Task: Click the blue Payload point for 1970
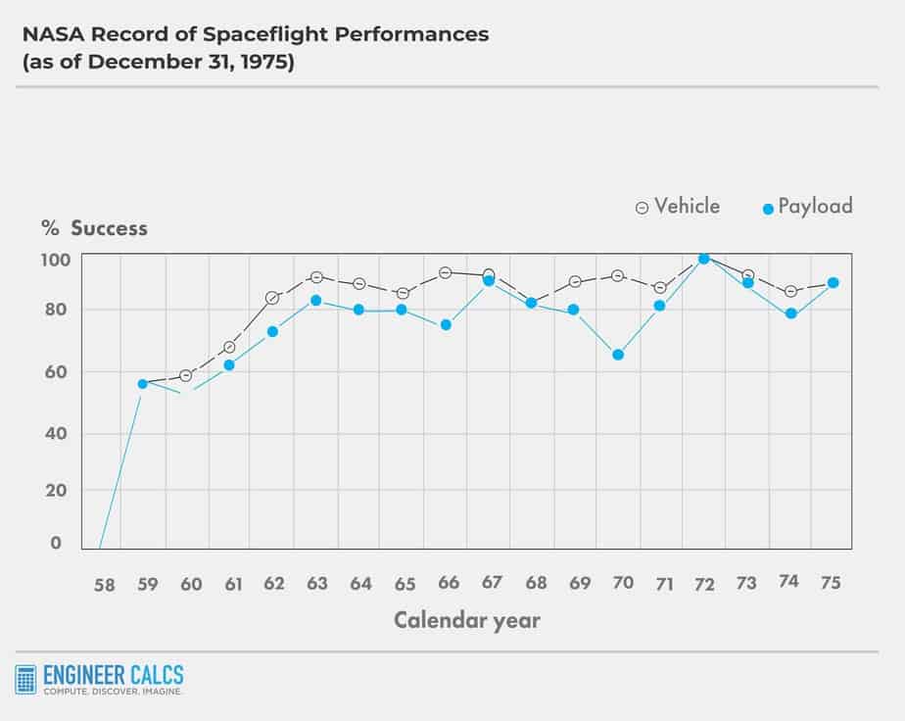coord(618,355)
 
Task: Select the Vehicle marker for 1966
coord(445,272)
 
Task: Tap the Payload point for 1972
coord(703,259)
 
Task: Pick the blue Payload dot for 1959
coord(142,384)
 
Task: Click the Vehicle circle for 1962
coord(272,298)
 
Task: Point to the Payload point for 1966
coord(446,325)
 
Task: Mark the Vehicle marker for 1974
coord(790,292)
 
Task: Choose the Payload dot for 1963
coord(315,300)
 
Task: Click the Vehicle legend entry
coord(678,207)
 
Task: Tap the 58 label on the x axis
coord(104,585)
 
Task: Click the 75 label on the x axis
coord(831,583)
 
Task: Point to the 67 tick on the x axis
coord(492,583)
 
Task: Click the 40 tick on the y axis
coord(55,433)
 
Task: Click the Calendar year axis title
coord(466,620)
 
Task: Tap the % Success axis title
coord(94,228)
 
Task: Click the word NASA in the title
coord(52,35)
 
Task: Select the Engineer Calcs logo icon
coord(25,680)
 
